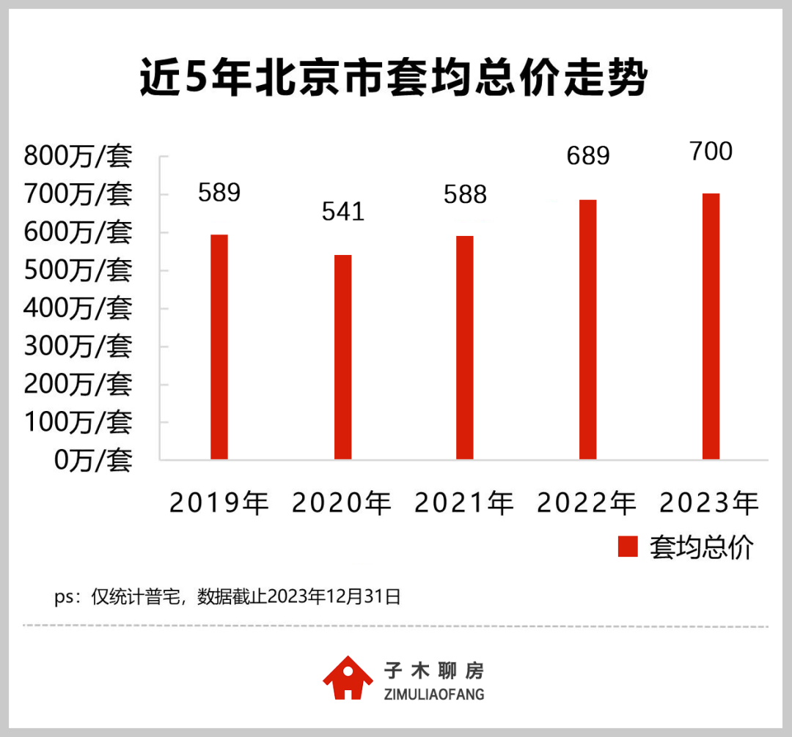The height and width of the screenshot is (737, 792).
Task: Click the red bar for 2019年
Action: pos(219,347)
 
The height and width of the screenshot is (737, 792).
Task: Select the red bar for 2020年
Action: pos(342,358)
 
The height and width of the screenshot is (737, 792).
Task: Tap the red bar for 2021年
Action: pos(465,348)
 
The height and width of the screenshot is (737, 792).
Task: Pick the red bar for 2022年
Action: pos(587,330)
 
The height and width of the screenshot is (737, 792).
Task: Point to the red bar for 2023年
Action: pos(711,327)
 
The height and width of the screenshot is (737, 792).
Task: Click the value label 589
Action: pos(219,193)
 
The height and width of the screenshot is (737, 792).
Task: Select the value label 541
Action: pos(343,212)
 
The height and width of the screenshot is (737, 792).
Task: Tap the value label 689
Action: pos(588,156)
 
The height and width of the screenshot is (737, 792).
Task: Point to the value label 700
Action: pos(711,152)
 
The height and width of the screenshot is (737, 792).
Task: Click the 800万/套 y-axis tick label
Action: pos(78,156)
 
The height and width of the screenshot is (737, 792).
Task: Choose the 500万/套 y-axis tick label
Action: pos(78,270)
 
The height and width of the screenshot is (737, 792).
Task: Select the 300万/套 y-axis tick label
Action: pos(78,347)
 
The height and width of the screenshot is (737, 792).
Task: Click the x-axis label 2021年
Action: pos(465,503)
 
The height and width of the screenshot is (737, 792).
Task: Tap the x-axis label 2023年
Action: pos(710,503)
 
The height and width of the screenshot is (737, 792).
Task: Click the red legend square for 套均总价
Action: pos(628,547)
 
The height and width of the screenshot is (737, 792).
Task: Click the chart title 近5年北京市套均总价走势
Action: pos(395,79)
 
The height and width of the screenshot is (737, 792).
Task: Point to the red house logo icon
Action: pos(348,678)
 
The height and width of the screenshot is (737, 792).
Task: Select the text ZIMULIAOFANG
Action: pos(434,694)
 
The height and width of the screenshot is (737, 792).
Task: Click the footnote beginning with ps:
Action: pos(227,596)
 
